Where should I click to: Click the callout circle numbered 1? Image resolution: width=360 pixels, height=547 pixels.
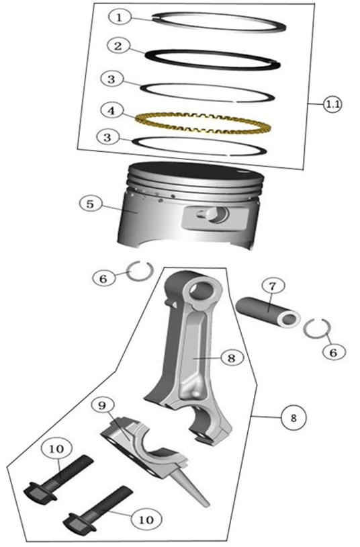120,17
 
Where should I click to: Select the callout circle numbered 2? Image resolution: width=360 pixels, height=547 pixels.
118,46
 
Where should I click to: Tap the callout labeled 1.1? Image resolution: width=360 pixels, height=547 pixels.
332,104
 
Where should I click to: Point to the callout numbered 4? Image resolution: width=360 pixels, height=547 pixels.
111,111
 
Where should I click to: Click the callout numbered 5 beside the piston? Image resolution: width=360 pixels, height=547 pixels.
91,204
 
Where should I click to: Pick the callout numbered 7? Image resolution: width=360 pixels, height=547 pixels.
273,287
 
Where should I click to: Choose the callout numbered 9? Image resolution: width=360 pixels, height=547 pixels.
102,405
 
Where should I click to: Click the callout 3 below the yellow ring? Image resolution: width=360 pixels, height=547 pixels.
107,137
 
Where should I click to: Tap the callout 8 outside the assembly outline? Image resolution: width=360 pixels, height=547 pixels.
294,417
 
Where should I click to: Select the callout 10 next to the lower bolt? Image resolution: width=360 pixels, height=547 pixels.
146,520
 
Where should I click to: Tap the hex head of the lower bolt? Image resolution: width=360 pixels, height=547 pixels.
79,523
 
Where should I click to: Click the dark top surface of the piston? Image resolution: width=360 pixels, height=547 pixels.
195,173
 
